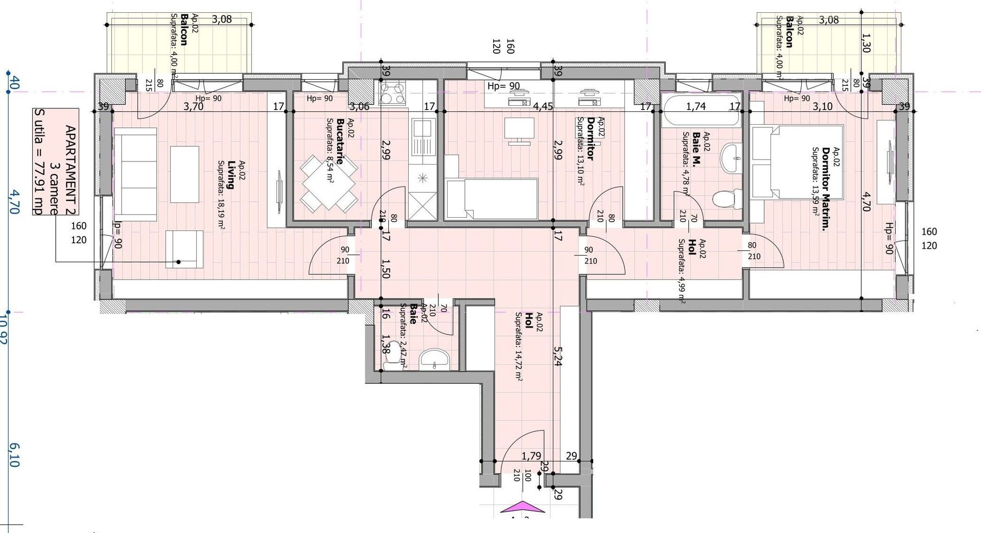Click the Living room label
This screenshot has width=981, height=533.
pos(230,175)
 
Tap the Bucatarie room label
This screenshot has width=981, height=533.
pos(340,142)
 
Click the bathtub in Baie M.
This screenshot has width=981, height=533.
pos(701,111)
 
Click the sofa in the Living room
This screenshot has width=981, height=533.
pos(135,174)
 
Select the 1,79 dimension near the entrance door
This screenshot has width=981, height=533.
pos(531,456)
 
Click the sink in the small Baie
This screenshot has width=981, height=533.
pos(434,360)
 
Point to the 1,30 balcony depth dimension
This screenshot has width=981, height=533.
pos(865,43)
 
